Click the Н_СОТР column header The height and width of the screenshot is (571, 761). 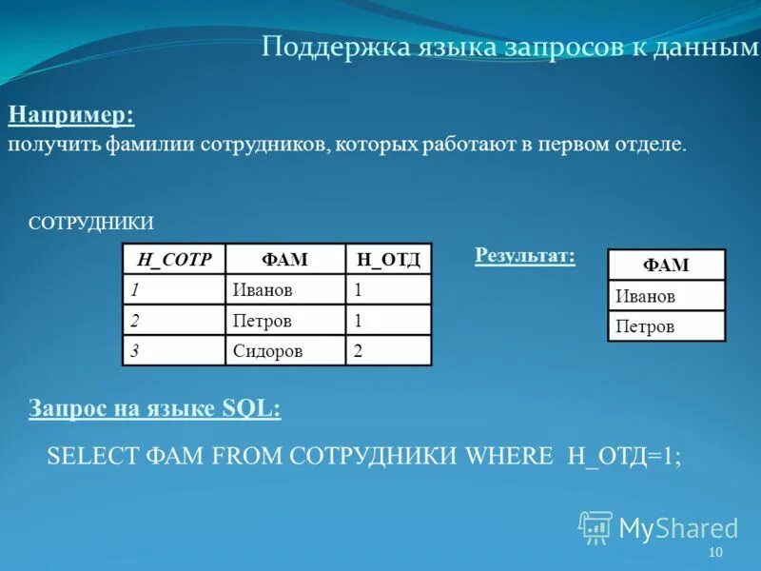[174, 260]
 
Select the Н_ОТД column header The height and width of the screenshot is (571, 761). [388, 260]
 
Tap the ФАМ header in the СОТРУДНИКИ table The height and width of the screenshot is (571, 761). [285, 260]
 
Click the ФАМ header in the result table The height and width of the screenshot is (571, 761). [666, 266]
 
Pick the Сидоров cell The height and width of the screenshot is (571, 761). [268, 351]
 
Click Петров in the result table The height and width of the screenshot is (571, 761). [645, 326]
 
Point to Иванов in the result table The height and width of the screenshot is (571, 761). [645, 296]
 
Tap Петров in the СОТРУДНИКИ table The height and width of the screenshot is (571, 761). [262, 321]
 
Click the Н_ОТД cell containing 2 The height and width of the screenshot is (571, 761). [359, 351]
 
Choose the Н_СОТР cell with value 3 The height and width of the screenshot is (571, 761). [136, 351]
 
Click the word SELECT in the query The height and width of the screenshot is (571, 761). [93, 456]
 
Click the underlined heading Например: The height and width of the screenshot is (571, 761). [71, 116]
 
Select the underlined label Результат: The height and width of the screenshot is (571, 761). [524, 255]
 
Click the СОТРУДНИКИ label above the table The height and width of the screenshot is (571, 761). [91, 222]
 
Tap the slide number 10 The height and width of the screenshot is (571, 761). [715, 554]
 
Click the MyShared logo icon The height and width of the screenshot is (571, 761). [595, 526]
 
